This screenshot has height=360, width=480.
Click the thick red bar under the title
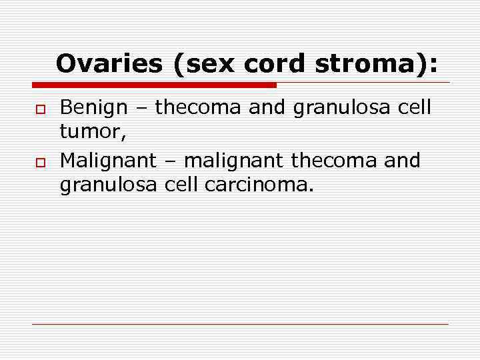coord(154,85)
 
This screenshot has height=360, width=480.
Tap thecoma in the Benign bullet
coord(199,107)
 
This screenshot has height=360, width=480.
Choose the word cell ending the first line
coord(413,107)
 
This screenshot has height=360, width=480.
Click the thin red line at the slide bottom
coord(240,324)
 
